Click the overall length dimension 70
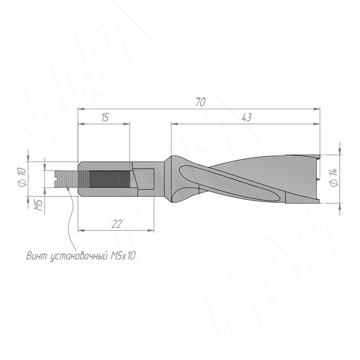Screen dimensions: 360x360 (200, 102)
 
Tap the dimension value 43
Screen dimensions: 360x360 (247, 117)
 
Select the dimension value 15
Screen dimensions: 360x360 (105, 117)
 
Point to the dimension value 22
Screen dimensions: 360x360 (117, 224)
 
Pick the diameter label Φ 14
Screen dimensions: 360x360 (334, 177)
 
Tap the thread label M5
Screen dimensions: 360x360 (39, 205)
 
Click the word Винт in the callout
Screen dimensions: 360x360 (36, 256)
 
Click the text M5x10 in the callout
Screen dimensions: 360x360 (123, 256)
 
